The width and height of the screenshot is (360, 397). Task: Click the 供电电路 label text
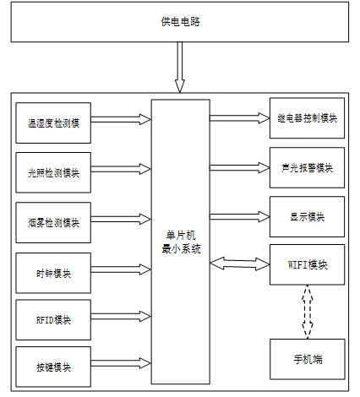tap(180, 22)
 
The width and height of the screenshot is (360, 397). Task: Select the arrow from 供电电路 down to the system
tap(180, 68)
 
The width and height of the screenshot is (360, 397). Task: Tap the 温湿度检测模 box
tap(53, 123)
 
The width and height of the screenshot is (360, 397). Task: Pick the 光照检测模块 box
tap(53, 172)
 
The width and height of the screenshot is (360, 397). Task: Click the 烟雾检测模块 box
tap(53, 222)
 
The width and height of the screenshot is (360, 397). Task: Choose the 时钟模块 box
tap(53, 273)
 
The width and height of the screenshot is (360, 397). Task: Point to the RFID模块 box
tap(53, 320)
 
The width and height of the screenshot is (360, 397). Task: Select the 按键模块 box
tap(53, 367)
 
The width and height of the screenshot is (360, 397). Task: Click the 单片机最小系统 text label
tap(181, 242)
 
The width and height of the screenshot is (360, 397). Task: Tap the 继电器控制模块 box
tap(307, 118)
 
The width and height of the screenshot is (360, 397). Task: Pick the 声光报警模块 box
tap(307, 167)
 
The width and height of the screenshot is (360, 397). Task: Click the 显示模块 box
tap(307, 217)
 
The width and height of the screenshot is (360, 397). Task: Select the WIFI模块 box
tap(307, 264)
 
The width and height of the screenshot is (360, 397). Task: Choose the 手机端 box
tap(308, 359)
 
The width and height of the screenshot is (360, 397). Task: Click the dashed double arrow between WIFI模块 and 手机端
tap(308, 312)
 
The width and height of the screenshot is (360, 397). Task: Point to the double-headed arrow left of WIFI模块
tap(240, 264)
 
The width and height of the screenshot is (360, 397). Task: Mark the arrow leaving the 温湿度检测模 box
tap(121, 119)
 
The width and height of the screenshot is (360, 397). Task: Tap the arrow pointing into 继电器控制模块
tap(240, 118)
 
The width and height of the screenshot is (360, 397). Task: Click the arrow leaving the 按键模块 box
tap(121, 363)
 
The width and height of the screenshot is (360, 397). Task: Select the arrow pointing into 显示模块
tap(240, 217)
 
